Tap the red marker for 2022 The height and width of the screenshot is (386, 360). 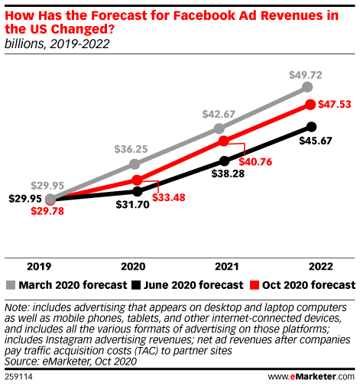click(x=310, y=105)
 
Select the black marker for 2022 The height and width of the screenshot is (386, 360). click(x=310, y=127)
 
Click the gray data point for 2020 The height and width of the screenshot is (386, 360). click(x=136, y=164)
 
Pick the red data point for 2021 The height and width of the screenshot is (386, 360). click(x=223, y=141)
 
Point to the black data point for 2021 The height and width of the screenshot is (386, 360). click(x=224, y=161)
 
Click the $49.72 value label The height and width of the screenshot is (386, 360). click(x=306, y=73)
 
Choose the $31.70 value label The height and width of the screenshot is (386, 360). click(x=132, y=204)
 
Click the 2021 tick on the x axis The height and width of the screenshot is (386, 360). click(x=223, y=268)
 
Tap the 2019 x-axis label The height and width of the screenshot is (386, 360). click(x=40, y=268)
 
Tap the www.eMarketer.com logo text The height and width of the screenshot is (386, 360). click(x=310, y=377)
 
